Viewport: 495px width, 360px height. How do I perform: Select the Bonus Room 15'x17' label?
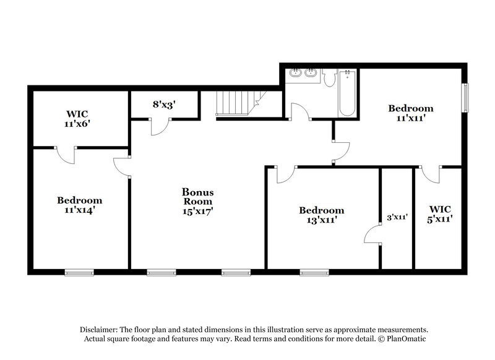coord(197,201)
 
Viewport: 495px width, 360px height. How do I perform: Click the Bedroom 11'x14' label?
coord(80,205)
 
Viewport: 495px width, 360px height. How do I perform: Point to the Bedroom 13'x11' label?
coord(321,215)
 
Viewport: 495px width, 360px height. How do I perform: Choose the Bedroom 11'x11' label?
coord(410,113)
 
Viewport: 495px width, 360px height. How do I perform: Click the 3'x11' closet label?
coord(396,217)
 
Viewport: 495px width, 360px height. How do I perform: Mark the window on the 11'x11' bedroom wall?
coord(465,97)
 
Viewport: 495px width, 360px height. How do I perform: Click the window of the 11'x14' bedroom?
coord(79,272)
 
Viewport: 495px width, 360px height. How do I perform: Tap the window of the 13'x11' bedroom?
coord(314,272)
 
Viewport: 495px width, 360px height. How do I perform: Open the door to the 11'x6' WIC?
coord(66,155)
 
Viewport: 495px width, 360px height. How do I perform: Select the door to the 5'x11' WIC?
coord(431,174)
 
